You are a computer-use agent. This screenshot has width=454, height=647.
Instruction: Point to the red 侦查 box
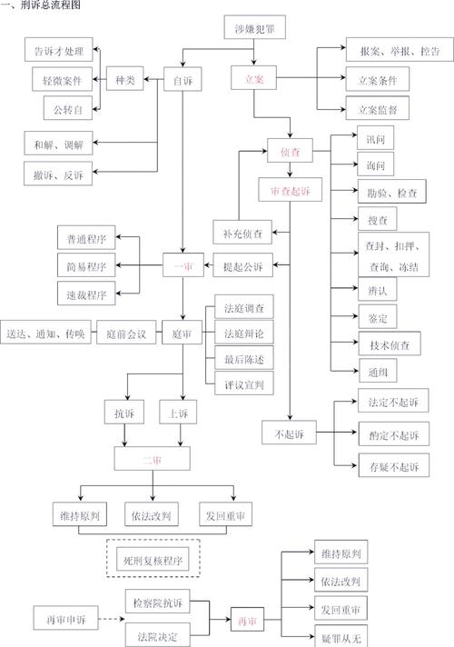[290, 151]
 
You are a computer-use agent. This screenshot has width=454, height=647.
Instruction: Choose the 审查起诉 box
[290, 192]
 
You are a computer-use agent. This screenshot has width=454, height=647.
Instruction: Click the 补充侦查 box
[242, 234]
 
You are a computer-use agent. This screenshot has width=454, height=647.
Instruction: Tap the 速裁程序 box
[87, 294]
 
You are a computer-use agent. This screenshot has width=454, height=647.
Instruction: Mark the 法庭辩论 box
[243, 333]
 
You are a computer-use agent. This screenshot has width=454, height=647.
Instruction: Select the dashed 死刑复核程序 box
[153, 561]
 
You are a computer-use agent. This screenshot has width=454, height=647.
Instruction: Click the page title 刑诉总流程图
[42, 6]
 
